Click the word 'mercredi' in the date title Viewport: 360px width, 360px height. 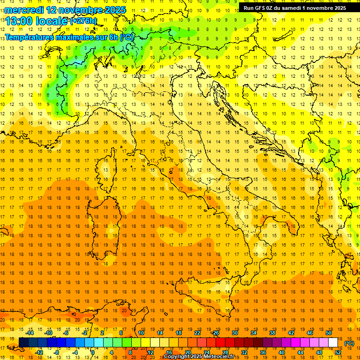pyautogui.click(x=24, y=9)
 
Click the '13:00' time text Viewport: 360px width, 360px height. pyautogui.click(x=19, y=21)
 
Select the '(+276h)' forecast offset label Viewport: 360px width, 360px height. pyautogui.click(x=83, y=21)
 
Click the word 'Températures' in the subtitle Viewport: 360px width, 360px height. pyautogui.click(x=30, y=37)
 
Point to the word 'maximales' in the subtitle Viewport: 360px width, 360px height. pyautogui.click(x=80, y=37)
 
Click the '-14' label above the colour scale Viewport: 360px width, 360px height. pyautogui.click(x=30, y=332)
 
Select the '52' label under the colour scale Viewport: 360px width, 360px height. pyautogui.click(x=338, y=352)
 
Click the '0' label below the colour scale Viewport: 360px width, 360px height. pyautogui.click(x=92, y=352)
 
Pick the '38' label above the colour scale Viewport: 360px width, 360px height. pyautogui.click(x=272, y=332)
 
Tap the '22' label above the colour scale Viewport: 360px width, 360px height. pyautogui.click(x=197, y=332)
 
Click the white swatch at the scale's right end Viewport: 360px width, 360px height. pyautogui.click(x=333, y=343)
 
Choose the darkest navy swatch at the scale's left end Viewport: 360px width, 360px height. pyautogui.click(x=23, y=343)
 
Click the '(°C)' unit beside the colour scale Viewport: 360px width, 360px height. pyautogui.click(x=350, y=343)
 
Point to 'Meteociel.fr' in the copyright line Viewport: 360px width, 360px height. pyautogui.click(x=222, y=357)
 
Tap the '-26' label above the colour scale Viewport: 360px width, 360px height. pyautogui.click(x=215, y=332)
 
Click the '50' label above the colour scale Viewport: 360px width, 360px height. pyautogui.click(x=328, y=332)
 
